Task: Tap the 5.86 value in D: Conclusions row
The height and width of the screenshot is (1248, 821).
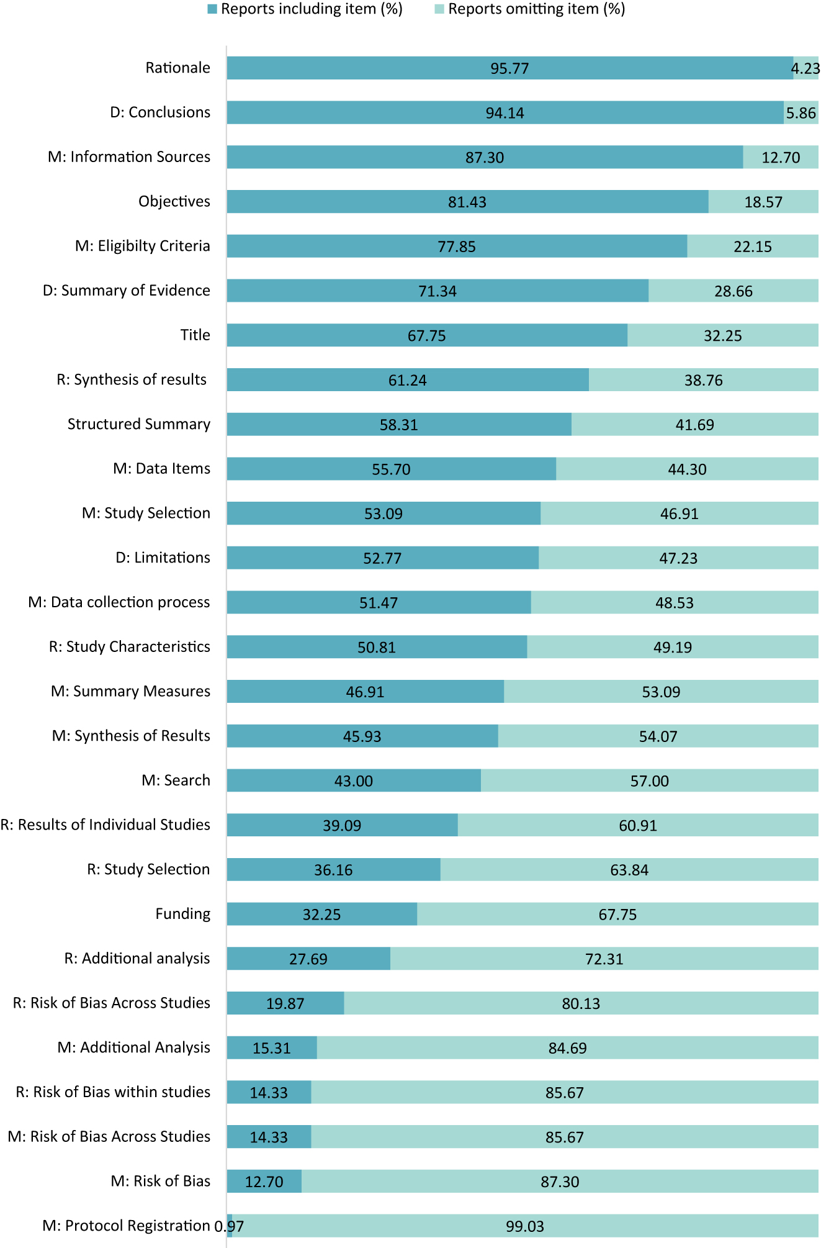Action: (x=801, y=113)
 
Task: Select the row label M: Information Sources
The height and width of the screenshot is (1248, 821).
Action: (x=129, y=157)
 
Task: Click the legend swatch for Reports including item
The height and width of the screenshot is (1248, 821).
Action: (x=212, y=9)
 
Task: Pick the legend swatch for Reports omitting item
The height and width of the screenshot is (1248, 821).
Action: (x=439, y=9)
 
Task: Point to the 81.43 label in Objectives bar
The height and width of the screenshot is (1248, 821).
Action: (x=467, y=202)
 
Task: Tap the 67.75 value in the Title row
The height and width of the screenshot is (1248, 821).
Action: (x=426, y=336)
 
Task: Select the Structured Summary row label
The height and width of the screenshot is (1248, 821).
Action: (x=138, y=424)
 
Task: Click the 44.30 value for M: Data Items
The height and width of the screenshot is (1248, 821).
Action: (x=687, y=469)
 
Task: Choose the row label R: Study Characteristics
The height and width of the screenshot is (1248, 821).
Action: (x=129, y=647)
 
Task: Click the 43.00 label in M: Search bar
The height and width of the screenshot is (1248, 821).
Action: (x=353, y=781)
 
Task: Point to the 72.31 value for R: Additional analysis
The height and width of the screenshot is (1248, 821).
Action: (x=604, y=959)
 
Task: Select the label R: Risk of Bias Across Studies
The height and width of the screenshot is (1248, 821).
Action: (x=112, y=1003)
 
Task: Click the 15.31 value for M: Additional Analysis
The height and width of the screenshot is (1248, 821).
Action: (x=271, y=1048)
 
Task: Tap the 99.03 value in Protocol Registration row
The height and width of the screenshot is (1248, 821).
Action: (x=524, y=1226)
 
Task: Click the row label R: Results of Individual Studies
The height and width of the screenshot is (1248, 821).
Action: (x=105, y=825)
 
